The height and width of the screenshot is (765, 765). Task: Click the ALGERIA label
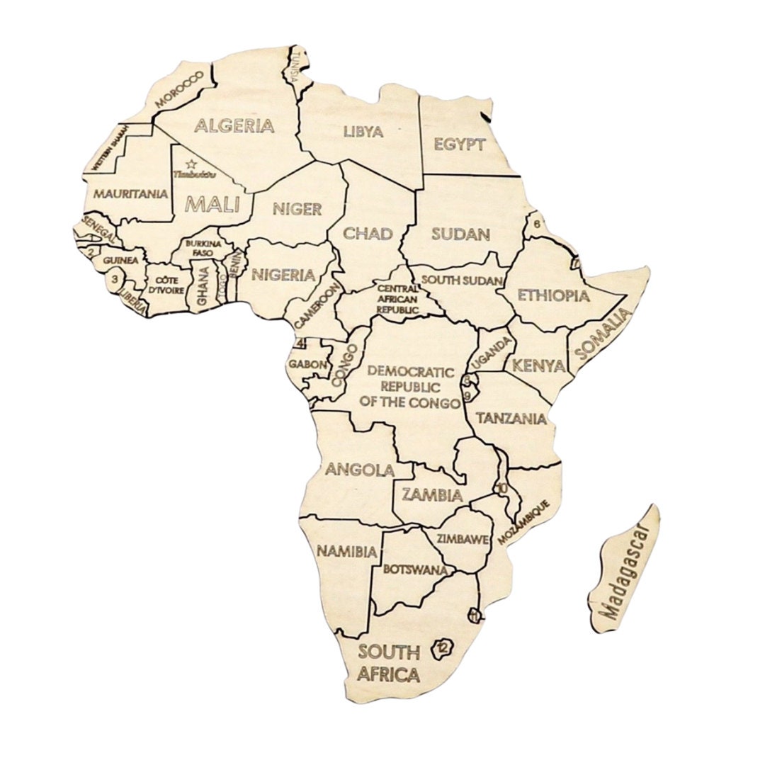tap(234, 126)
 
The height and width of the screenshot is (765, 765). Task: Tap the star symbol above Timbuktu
tap(191, 164)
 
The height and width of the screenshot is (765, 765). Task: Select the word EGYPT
tap(459, 144)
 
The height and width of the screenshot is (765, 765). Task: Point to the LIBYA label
tap(363, 132)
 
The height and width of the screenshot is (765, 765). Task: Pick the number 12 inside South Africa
tap(443, 646)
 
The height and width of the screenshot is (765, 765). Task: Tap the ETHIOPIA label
tap(553, 295)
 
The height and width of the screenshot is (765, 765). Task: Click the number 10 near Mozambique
tap(501, 488)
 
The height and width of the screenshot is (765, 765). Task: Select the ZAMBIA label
tap(432, 494)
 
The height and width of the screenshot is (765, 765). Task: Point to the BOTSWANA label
tap(414, 569)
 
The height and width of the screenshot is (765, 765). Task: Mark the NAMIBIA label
tap(346, 550)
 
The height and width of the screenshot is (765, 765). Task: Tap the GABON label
tap(307, 365)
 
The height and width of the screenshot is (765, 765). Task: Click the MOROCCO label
tap(179, 89)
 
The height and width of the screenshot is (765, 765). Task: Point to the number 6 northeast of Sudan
tap(537, 224)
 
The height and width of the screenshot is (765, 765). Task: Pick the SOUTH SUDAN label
tap(462, 280)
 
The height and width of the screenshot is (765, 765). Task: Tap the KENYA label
tap(538, 366)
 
